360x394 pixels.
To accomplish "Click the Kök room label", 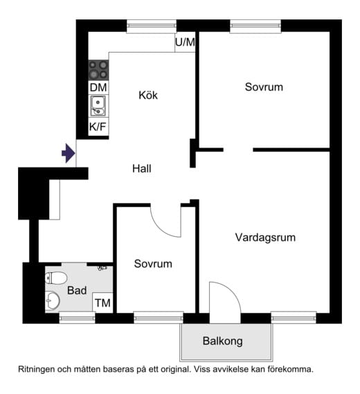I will (147, 95).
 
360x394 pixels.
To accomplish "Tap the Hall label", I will (141, 168).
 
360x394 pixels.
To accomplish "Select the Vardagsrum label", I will (265, 238).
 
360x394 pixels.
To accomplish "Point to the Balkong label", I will (222, 341).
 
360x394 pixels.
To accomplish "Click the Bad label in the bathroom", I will (77, 290).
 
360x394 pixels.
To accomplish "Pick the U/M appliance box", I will (185, 42).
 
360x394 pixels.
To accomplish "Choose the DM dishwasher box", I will (98, 88).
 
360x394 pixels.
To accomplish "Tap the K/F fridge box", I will (98, 127).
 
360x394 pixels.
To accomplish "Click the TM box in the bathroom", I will (102, 303).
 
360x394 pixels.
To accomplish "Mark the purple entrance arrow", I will (68, 152).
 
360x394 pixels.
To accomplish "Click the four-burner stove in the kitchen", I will (98, 70).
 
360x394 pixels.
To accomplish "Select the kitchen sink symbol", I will (98, 107).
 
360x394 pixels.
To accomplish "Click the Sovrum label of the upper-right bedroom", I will (264, 87).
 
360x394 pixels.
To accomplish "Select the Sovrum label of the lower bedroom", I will (153, 264).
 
